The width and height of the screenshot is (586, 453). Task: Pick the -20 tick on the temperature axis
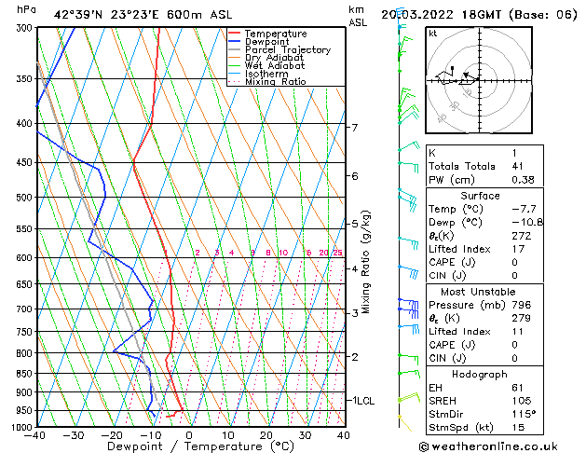pos(112,435)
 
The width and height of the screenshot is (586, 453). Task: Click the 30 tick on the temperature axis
pos(305,435)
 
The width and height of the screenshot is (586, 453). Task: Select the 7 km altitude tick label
pos(354,127)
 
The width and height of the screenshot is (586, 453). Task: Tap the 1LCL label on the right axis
pos(361,400)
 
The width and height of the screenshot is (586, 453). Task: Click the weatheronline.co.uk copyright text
pos(502,446)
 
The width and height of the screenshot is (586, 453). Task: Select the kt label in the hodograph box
pos(432,34)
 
